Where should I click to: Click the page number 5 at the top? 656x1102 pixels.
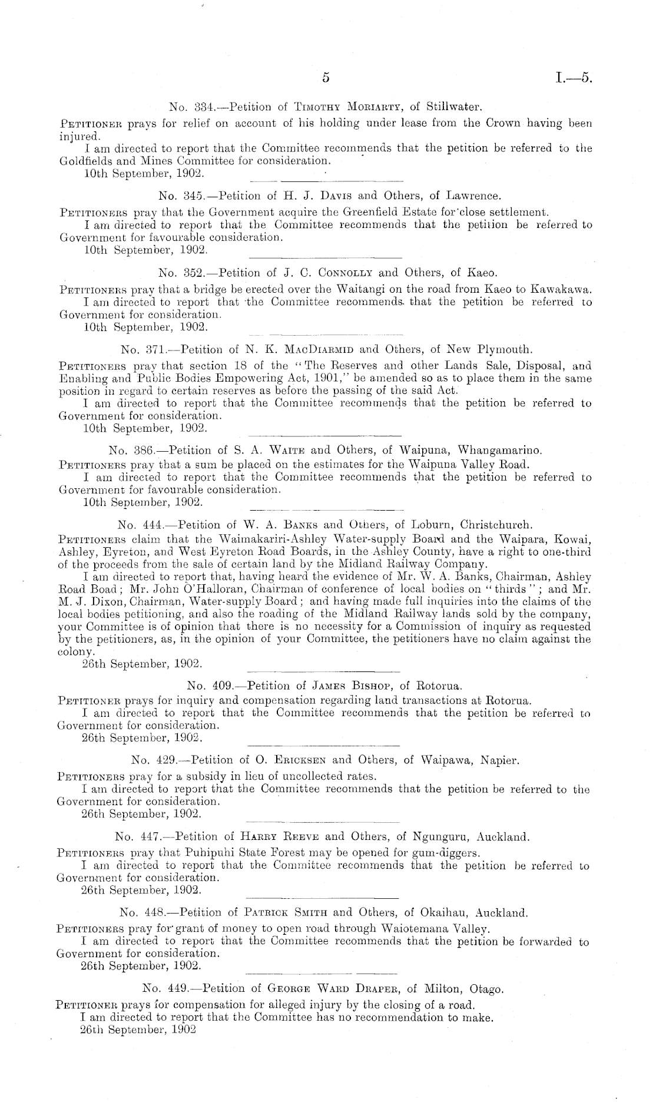pos(324,78)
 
